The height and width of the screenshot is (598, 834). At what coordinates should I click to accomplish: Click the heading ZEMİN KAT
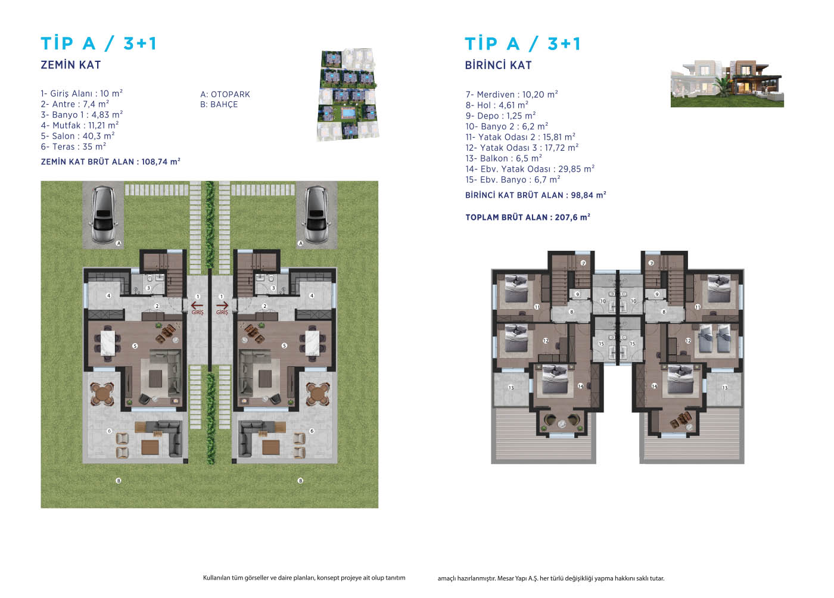[71, 65]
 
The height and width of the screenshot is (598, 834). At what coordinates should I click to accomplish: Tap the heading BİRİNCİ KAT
[498, 65]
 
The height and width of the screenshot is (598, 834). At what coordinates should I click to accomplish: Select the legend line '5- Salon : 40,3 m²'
[78, 136]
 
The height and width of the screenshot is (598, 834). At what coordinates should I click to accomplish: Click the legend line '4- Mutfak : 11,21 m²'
[80, 125]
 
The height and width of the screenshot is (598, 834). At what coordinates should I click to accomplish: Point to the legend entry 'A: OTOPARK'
[225, 94]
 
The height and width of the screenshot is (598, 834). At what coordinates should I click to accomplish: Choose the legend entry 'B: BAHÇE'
[219, 105]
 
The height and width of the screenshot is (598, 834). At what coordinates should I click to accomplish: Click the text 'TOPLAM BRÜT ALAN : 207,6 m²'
[528, 217]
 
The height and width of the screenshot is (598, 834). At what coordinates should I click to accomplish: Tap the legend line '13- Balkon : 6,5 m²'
[504, 158]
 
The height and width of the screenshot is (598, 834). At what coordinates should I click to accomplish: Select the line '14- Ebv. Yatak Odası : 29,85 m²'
[530, 169]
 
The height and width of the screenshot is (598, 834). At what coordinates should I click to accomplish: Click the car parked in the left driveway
[104, 215]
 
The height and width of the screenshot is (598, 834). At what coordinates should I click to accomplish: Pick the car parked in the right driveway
[316, 215]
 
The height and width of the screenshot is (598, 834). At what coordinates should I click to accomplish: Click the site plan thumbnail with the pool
[348, 95]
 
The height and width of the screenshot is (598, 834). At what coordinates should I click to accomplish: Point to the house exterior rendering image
[727, 83]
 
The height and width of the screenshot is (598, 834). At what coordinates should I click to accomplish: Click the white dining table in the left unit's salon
[108, 343]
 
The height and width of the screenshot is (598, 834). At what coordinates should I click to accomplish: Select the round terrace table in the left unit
[102, 394]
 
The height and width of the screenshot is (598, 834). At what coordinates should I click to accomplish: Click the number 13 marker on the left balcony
[511, 388]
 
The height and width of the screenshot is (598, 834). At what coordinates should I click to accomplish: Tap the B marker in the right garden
[300, 481]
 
